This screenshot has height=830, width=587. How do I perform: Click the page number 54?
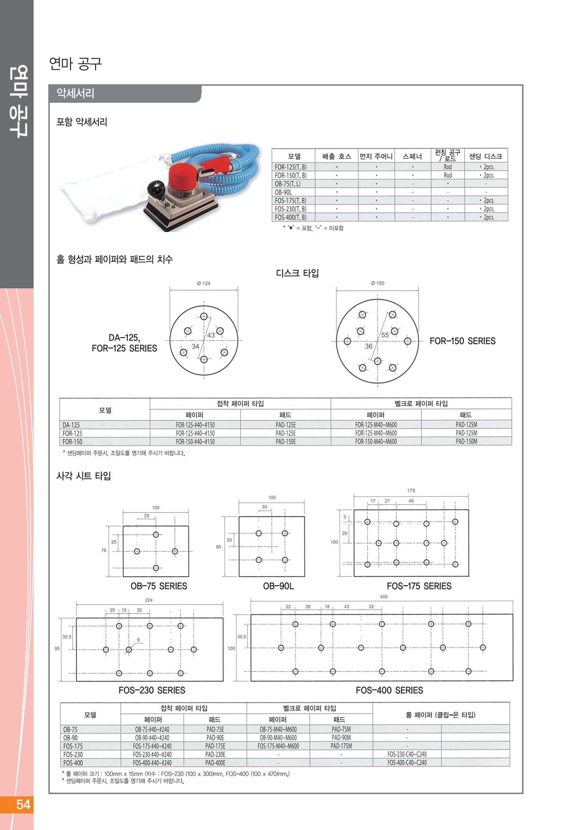(x=23, y=804)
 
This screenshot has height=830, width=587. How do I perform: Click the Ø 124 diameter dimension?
(x=204, y=283)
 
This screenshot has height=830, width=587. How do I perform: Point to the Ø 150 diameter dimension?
(x=378, y=283)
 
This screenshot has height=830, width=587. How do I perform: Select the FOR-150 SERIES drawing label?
(x=462, y=341)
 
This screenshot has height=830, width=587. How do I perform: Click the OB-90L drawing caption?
(x=278, y=586)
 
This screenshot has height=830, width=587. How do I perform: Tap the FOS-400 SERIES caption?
(x=389, y=690)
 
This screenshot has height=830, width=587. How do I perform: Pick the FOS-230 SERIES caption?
(x=152, y=690)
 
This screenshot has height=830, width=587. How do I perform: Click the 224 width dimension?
(x=149, y=600)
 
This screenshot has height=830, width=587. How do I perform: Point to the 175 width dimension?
(x=411, y=491)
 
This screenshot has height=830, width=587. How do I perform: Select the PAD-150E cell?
(x=285, y=442)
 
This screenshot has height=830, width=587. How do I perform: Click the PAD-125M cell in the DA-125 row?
(x=466, y=425)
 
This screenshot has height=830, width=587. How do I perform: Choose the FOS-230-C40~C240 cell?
(x=407, y=754)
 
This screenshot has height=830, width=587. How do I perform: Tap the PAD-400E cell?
(x=215, y=763)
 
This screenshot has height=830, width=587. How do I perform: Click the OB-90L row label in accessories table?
(x=284, y=192)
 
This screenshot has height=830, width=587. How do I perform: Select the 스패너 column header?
(x=412, y=156)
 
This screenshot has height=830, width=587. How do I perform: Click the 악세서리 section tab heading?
(x=76, y=93)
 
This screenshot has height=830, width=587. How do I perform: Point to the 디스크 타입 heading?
(x=297, y=273)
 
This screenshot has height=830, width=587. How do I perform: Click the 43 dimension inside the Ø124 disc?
(x=211, y=335)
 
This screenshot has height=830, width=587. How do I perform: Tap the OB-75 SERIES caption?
(x=159, y=586)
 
